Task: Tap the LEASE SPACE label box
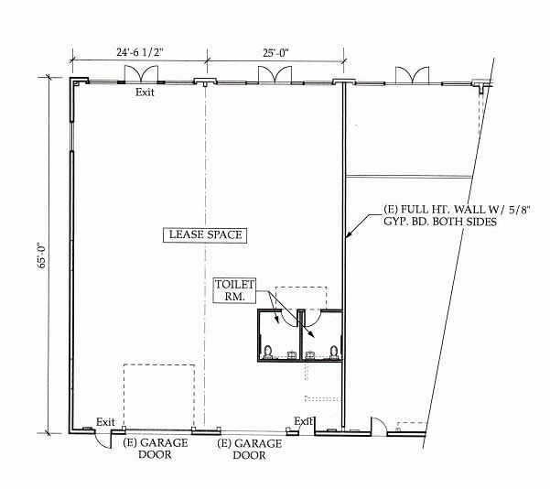206,235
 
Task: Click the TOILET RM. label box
233,290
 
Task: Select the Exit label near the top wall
146,92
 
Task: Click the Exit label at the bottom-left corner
106,422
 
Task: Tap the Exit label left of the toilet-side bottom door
303,421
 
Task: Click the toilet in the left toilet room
267,350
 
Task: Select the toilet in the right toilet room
334,350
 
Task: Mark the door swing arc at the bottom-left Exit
107,440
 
